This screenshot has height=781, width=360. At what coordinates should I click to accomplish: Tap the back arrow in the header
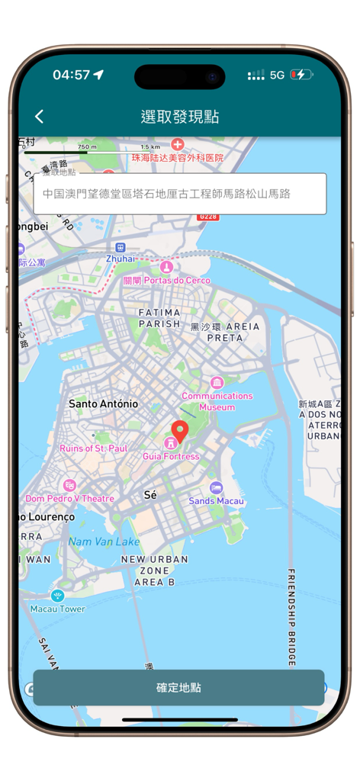pyautogui.click(x=40, y=116)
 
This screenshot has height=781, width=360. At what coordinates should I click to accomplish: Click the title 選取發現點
pyautogui.click(x=180, y=117)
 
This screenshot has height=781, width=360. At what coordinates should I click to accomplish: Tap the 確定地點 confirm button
pyautogui.click(x=178, y=687)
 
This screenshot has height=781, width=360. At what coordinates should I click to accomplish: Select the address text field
pyautogui.click(x=180, y=194)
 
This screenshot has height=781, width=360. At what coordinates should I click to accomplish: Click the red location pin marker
pyautogui.click(x=179, y=432)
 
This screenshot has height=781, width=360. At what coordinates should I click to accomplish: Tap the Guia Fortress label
pyautogui.click(x=171, y=456)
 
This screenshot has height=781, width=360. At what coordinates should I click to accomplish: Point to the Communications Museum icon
pyautogui.click(x=217, y=382)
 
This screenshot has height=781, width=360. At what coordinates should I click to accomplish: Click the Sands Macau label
pyautogui.click(x=217, y=501)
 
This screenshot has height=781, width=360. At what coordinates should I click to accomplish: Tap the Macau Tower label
pyautogui.click(x=57, y=609)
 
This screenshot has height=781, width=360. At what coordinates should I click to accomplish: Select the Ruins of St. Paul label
pyautogui.click(x=93, y=448)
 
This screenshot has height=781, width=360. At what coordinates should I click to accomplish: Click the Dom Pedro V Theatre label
pyautogui.click(x=69, y=498)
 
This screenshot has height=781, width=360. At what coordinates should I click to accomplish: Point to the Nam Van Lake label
pyautogui.click(x=104, y=542)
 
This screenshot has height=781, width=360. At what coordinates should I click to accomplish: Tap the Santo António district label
pyautogui.click(x=103, y=403)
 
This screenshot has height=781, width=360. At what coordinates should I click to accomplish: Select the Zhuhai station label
pyautogui.click(x=121, y=259)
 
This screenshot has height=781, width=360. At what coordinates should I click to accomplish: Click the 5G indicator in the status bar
pyautogui.click(x=277, y=75)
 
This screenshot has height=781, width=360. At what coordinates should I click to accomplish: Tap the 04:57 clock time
pyautogui.click(x=71, y=75)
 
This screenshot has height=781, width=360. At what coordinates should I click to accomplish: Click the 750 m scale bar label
pyautogui.click(x=88, y=146)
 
